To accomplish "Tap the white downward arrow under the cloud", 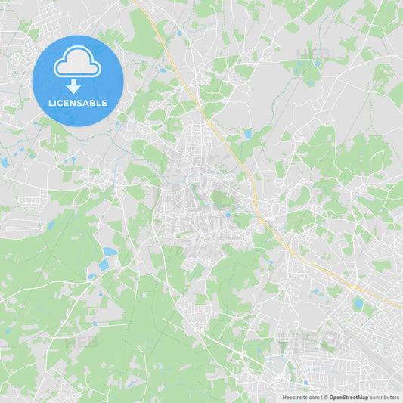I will [73, 86].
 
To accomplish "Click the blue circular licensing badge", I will [77, 80].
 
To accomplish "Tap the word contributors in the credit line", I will [384, 397].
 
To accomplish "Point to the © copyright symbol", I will [326, 397].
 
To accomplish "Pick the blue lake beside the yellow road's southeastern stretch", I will [358, 304].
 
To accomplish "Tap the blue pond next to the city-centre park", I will [227, 214].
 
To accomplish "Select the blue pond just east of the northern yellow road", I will [248, 134].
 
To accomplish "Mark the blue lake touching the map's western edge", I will [4, 163].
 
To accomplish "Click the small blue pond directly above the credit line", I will [306, 382].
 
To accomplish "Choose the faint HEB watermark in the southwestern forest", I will [79, 342].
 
